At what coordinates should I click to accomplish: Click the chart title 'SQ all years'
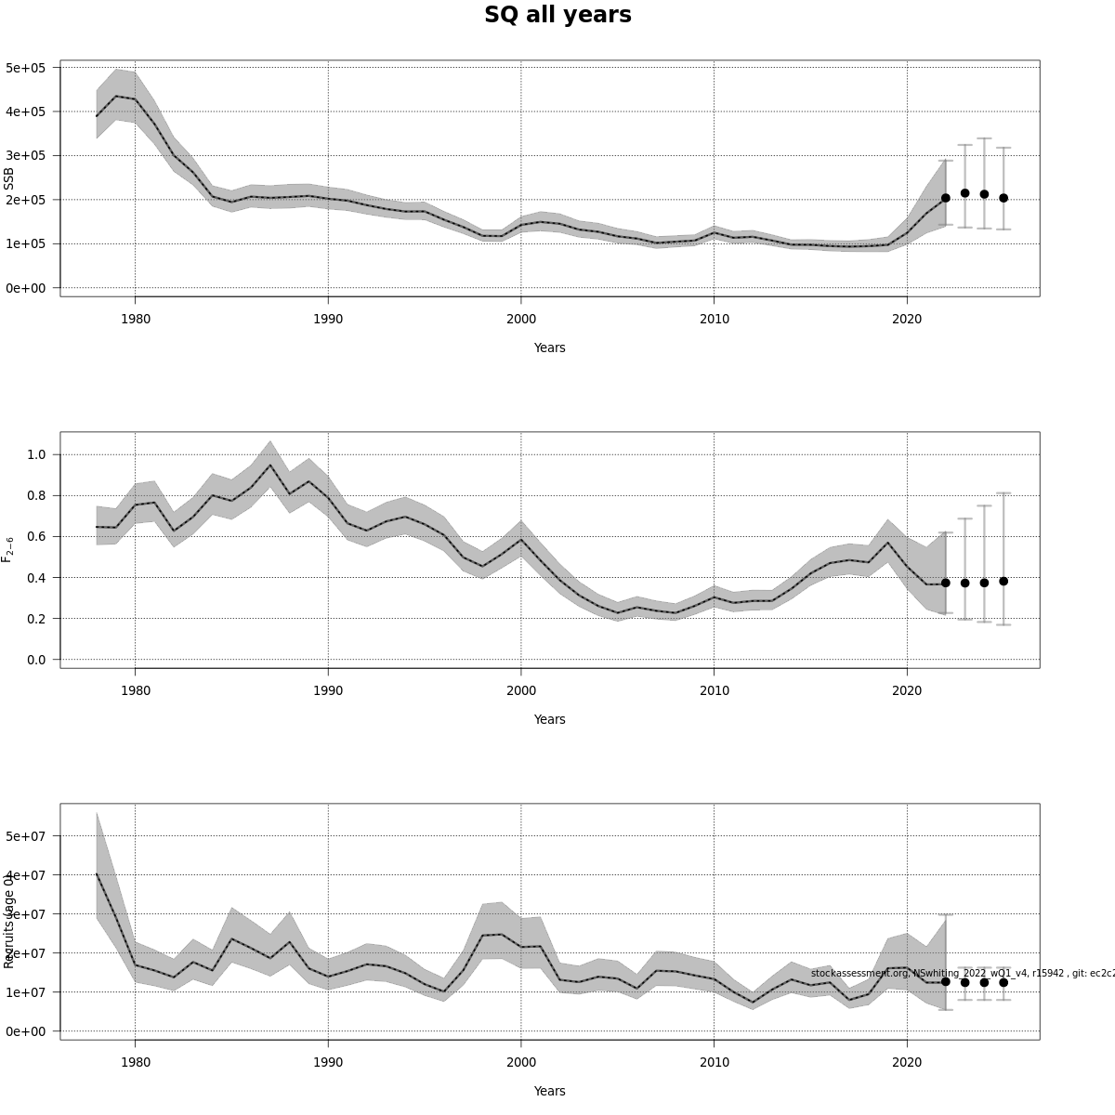[x=557, y=15]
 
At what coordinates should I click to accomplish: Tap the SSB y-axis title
[x=9, y=178]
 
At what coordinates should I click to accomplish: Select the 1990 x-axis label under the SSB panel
[x=328, y=319]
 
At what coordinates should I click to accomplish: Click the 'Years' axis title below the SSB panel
[x=549, y=348]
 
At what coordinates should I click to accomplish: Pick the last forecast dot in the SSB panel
[x=1003, y=198]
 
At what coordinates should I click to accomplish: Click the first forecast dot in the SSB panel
[x=945, y=198]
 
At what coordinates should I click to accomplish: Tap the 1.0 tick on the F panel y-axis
[x=36, y=454]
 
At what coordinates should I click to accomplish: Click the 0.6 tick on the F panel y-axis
[x=36, y=537]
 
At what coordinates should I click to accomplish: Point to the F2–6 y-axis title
[x=8, y=549]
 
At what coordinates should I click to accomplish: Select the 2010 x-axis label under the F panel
[x=714, y=690]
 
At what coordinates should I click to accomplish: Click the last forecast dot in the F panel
[x=1003, y=581]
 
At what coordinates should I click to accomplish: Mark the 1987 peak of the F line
[x=270, y=466]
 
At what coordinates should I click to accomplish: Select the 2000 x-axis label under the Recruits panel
[x=521, y=1062]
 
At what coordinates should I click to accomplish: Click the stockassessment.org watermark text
[x=962, y=973]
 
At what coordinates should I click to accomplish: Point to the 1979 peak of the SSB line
[x=116, y=96]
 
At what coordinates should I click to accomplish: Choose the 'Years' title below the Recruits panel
[x=549, y=1091]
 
